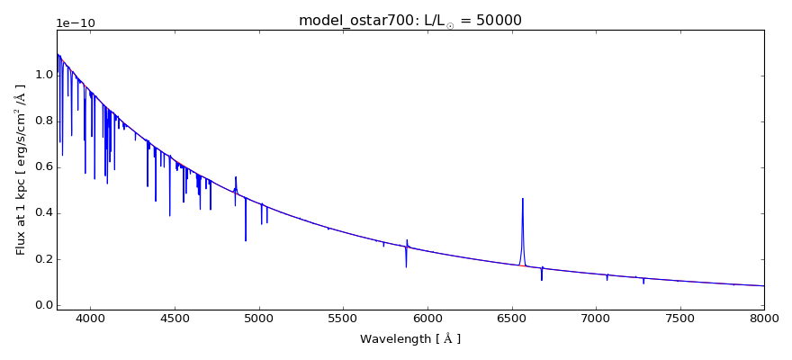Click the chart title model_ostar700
coord(351,20)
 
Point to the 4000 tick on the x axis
coord(90,318)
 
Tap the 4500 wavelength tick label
coord(175,318)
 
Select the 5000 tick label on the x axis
coord(259,318)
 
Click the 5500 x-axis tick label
coord(343,318)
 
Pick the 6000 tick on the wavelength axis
coord(427,318)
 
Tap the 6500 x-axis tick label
coord(511,318)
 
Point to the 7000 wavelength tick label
coord(596,318)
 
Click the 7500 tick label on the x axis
coord(679,318)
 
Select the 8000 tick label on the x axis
coord(764,318)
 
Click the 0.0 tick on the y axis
coord(42,305)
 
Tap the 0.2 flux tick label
coord(42,259)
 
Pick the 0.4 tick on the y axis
coord(42,213)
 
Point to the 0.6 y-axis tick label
coord(42,167)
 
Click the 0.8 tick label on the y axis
coord(42,121)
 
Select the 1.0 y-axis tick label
coord(42,75)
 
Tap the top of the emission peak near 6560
coord(522,199)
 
